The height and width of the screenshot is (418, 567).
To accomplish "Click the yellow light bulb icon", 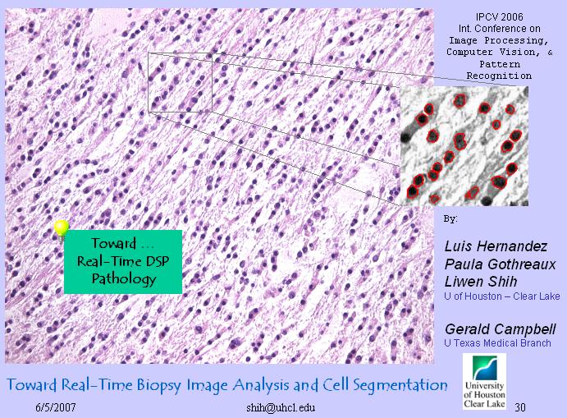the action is coord(62,230).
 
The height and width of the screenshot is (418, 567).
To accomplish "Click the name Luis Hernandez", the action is coord(496,246).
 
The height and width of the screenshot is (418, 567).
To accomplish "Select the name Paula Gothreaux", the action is coord(500,264).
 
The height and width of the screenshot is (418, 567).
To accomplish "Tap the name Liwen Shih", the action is coord(481,282).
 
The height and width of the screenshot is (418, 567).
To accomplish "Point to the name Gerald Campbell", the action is coord(500,329).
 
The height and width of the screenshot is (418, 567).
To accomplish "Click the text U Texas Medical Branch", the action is coord(497,342).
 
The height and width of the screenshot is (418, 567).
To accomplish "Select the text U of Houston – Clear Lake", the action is coord(502,296).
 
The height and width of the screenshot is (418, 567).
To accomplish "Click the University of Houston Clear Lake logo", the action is coord(484,382).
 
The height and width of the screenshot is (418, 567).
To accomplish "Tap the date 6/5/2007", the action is coord(56,407).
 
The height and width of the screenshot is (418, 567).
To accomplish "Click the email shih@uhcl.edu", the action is coord(281,408).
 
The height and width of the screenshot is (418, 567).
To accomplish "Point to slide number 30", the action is coord(520,407).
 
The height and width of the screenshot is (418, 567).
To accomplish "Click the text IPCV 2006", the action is coord(499,16).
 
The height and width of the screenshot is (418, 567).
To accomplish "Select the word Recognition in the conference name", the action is coord(499,76).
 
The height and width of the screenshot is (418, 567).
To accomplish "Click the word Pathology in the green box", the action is coord(124,279).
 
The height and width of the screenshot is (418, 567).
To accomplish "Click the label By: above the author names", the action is coord(450,219).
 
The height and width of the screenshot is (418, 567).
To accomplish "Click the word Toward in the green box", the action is coord(113,243).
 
